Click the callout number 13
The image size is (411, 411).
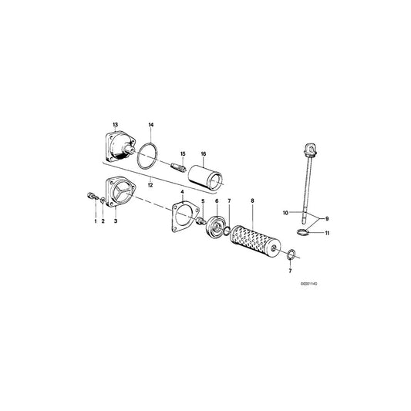pos(116,124)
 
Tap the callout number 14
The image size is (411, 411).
pos(150,125)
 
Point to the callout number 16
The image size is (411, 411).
pos(204,153)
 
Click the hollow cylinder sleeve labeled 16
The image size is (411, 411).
pos(205,177)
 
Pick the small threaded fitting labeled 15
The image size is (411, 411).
pos(178,167)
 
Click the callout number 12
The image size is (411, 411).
pos(150,185)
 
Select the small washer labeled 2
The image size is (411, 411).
pos(103,200)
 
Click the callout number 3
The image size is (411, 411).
pos(116,221)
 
